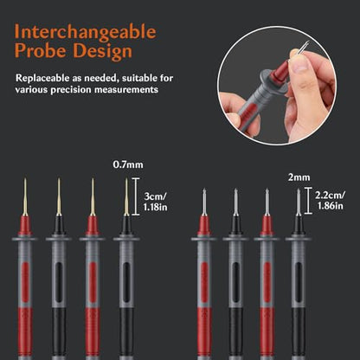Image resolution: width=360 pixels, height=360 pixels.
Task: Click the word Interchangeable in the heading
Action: [86, 33]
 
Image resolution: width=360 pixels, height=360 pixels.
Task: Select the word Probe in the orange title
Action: [41, 51]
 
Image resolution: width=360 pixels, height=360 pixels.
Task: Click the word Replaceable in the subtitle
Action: [42, 78]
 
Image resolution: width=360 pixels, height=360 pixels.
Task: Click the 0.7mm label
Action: [128, 164]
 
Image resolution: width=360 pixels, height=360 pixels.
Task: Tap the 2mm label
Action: [299, 177]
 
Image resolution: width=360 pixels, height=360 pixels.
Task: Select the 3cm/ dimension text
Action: [155, 196]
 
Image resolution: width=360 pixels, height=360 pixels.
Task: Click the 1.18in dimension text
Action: [155, 207]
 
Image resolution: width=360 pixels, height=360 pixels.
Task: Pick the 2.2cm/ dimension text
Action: [330, 196]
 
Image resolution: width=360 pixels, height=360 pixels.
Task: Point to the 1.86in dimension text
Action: [331, 206]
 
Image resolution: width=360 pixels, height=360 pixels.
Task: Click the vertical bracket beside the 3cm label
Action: [136, 196]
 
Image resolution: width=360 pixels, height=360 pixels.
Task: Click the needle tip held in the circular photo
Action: [306, 43]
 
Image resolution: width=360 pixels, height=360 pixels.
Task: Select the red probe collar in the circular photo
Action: [280, 72]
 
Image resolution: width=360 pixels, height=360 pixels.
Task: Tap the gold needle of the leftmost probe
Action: [25, 197]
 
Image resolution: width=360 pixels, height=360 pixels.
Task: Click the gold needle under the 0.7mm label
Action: [126, 197]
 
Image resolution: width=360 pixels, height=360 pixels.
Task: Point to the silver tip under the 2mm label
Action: [299, 202]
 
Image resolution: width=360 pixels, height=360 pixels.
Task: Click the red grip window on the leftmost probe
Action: [25, 282]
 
